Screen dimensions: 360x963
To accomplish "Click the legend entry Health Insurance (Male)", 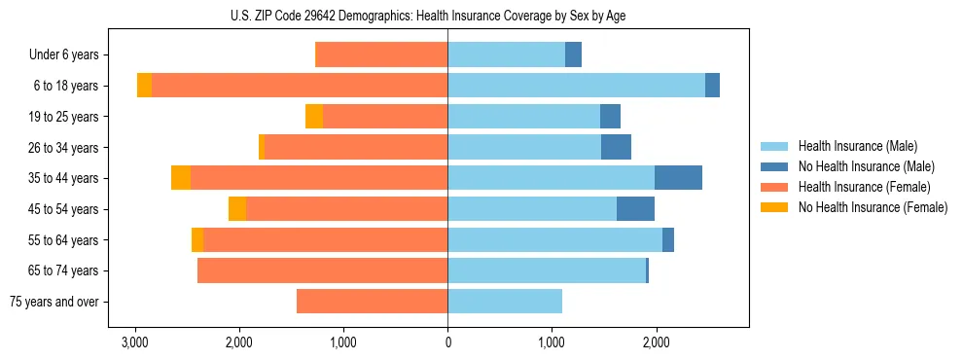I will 857,146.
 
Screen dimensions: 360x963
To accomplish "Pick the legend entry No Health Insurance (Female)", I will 873,207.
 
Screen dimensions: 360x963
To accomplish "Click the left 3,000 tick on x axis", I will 135,342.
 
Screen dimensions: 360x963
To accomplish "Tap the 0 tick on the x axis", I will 447,342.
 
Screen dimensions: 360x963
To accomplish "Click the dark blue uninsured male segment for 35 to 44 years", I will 678,178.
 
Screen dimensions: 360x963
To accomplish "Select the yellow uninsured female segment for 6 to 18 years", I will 144,86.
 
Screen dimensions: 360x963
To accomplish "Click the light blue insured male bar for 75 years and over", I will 505,302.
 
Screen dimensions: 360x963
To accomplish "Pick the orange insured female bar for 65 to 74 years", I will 322,270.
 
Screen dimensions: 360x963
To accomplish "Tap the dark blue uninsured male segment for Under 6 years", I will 573,54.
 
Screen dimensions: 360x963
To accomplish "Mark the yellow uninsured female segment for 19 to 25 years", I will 314,117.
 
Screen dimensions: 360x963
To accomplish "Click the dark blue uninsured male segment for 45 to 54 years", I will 635,209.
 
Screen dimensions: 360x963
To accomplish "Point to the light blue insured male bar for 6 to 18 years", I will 576,86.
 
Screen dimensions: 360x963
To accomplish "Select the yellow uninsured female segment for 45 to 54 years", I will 237,209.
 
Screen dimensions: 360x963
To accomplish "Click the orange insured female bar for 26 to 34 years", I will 356,147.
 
